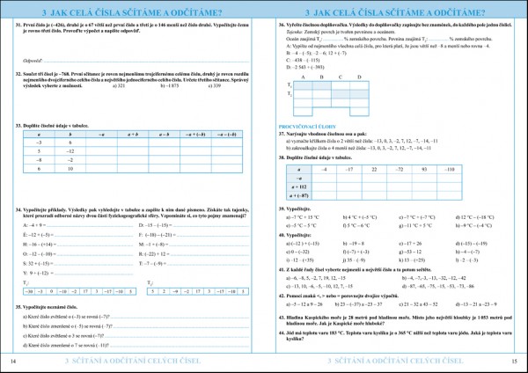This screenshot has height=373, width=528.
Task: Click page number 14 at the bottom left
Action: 12,361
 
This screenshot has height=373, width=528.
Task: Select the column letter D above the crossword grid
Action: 363,101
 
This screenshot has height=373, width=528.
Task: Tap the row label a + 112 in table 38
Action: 298,186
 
